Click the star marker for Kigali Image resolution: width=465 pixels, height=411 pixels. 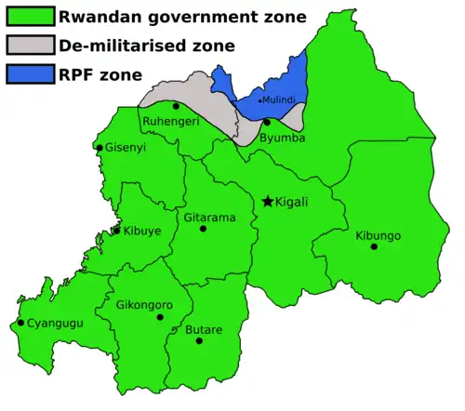point(268,201)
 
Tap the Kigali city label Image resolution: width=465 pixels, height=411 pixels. point(292,202)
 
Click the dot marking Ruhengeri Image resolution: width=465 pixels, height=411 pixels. point(176,106)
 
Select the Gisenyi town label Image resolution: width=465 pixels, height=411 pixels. point(126,148)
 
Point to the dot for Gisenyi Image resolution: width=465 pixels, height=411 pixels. point(99,147)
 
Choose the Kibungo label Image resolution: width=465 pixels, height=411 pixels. point(378,235)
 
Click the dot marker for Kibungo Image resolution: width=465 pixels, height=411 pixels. point(373,246)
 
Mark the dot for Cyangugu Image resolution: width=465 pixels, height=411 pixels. point(20,323)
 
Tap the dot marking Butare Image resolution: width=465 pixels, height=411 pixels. point(199,341)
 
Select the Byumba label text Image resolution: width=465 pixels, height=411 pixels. point(282,137)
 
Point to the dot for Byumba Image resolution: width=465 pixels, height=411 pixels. point(267,122)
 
